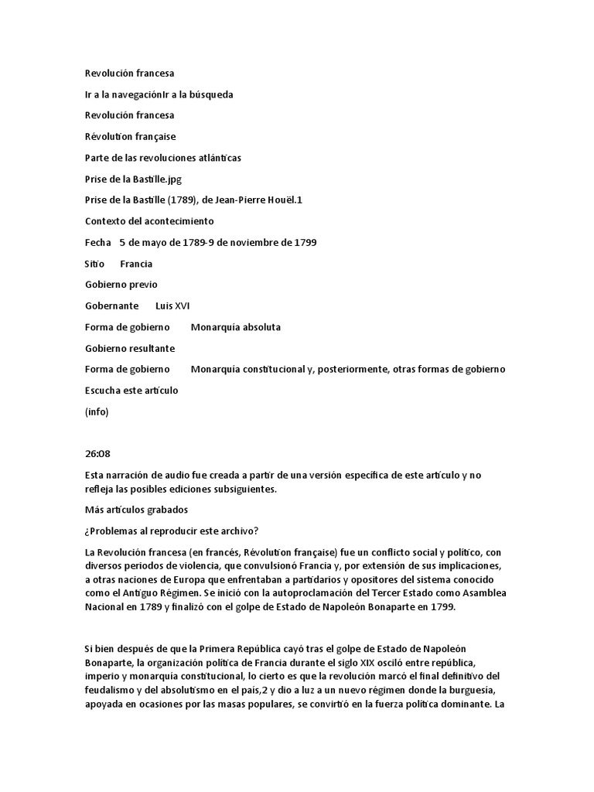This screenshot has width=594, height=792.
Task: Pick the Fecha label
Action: click(x=98, y=242)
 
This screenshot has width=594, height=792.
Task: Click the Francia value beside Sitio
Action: click(x=136, y=264)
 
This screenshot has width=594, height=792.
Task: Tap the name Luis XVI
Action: click(x=172, y=306)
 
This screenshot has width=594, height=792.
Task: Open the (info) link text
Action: click(x=97, y=411)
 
